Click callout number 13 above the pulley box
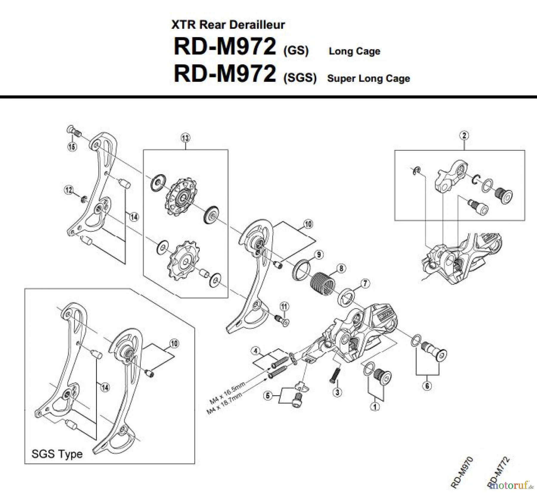point(185,138)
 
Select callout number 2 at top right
point(464,135)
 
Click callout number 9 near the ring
point(319,255)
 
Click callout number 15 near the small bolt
point(72,147)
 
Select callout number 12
point(69,190)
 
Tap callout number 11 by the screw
point(284,306)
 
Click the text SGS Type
point(57,454)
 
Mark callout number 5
point(268,396)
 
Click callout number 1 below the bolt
point(375,406)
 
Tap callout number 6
point(427,386)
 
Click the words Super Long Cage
point(368,79)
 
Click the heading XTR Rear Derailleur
point(228,25)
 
